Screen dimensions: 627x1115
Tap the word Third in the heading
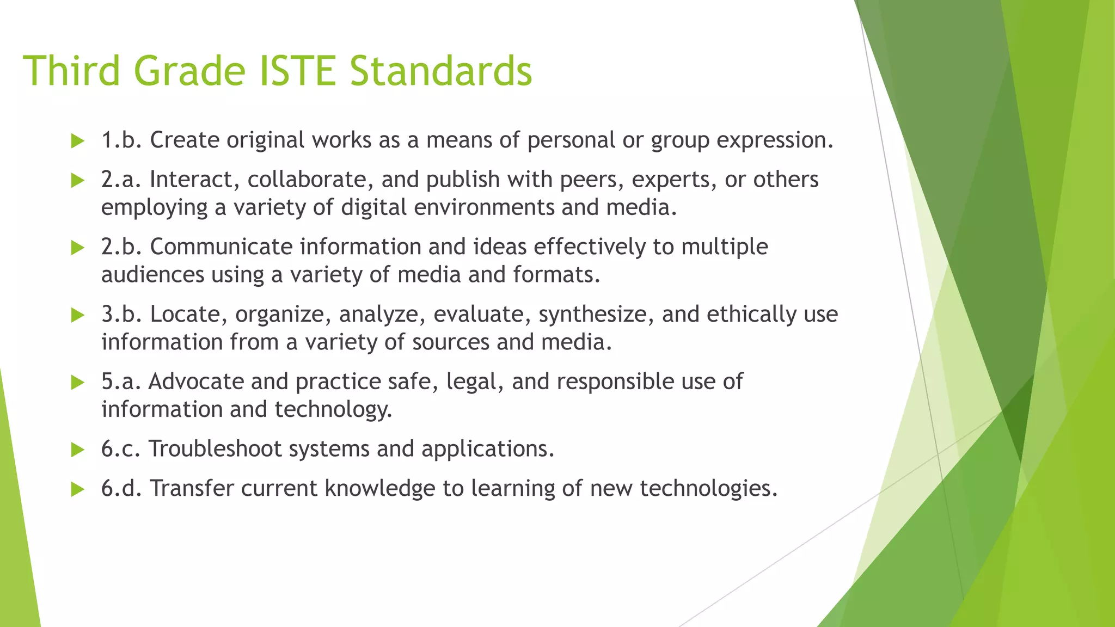click(71, 71)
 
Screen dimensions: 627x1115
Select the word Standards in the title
click(440, 71)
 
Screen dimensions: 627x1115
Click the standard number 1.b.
click(121, 140)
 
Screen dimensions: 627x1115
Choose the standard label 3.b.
click(121, 315)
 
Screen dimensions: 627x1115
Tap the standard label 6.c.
click(121, 449)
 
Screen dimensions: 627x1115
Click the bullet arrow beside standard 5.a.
click(78, 383)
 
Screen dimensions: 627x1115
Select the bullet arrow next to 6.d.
click(78, 489)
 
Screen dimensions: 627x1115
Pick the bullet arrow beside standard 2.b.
click(78, 248)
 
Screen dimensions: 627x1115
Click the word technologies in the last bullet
click(708, 488)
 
